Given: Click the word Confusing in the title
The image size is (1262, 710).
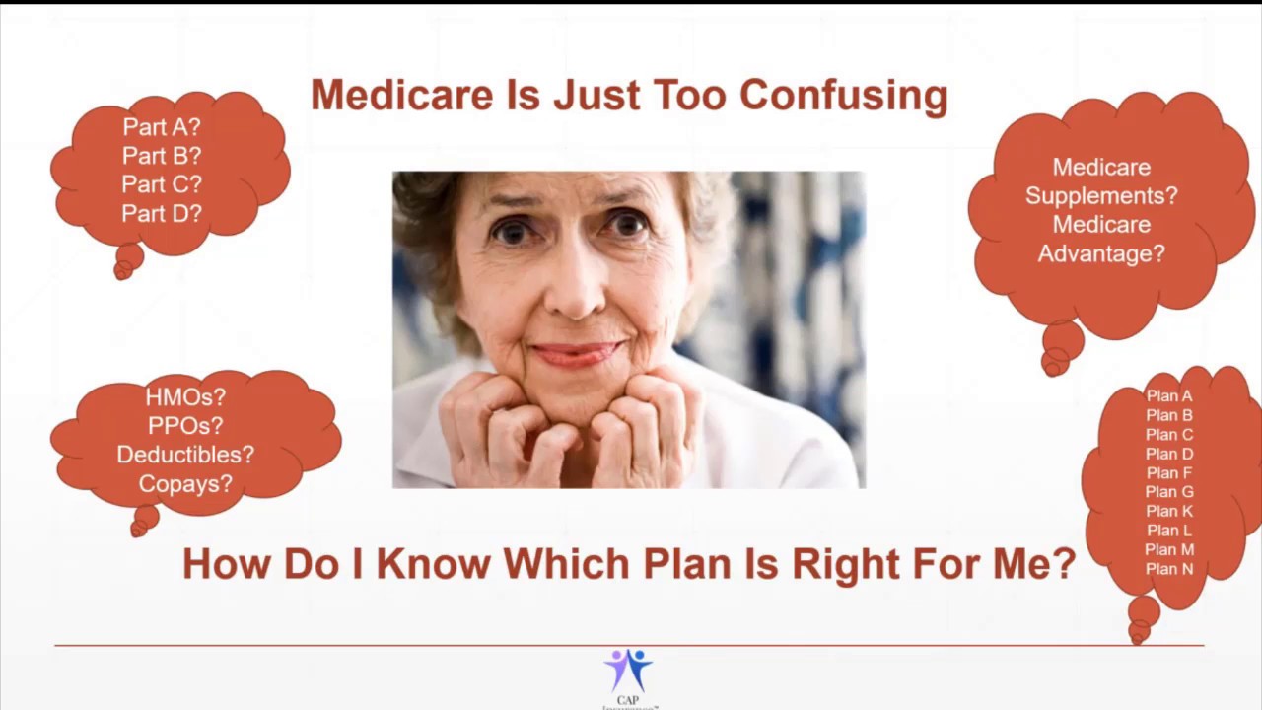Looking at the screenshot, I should (x=843, y=96).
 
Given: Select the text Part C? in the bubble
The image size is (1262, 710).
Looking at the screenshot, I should (x=162, y=184).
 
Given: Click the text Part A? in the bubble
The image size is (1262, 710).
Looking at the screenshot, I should (x=162, y=127).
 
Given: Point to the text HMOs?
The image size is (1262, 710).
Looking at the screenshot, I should (x=185, y=397).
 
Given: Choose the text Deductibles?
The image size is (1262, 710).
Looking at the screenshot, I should (x=185, y=455).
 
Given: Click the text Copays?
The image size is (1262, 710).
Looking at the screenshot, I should (x=185, y=484).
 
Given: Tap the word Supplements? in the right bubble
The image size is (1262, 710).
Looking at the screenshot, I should (x=1101, y=195).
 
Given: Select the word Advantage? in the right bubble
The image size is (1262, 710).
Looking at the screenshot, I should (x=1101, y=253).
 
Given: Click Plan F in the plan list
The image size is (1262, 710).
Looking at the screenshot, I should (x=1169, y=473).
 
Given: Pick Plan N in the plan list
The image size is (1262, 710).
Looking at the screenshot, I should (x=1169, y=569).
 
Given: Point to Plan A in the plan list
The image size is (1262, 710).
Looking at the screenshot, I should (x=1169, y=396).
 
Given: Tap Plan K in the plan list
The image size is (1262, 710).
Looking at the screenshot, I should (x=1169, y=511).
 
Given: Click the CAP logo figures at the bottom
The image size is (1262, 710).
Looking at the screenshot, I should (x=628, y=670).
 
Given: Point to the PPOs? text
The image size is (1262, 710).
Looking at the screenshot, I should (x=185, y=426).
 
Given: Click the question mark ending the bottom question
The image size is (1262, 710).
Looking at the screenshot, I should (x=1064, y=564).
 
